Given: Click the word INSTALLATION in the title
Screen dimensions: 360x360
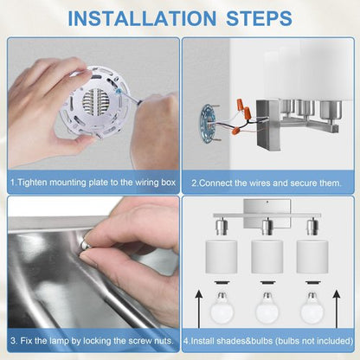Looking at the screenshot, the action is (142, 18).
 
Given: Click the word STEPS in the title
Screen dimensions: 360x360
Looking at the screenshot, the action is (259, 18).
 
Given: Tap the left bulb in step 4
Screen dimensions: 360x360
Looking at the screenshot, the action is (222, 307).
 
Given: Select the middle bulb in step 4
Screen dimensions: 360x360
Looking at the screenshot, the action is (267, 307).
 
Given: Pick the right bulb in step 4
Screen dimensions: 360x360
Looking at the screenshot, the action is (312, 307).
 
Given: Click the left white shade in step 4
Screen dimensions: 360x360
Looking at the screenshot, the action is (222, 257).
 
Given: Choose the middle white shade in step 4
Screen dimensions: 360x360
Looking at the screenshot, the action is (267, 257).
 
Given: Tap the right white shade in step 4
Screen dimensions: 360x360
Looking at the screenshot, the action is (312, 257).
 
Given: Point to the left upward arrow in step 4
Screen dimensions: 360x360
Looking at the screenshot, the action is (199, 309).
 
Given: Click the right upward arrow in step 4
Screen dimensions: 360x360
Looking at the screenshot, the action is (337, 309).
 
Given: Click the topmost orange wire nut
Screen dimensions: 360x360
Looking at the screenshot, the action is (239, 104).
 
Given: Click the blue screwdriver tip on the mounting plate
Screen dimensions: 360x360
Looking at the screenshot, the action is (118, 92).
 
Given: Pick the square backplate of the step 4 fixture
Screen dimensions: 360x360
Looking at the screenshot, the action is (267, 213).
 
